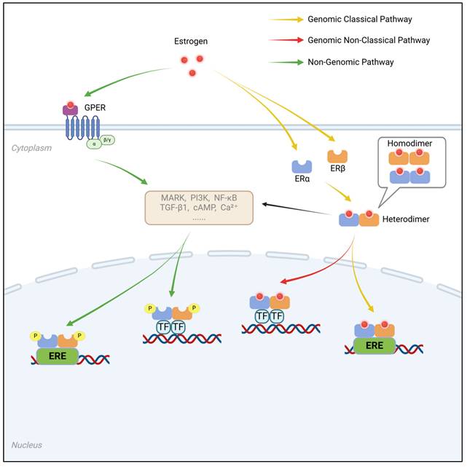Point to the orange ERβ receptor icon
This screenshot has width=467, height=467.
tap(337, 156)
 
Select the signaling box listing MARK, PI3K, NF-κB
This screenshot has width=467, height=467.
tap(199, 208)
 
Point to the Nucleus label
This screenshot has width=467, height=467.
tap(27, 444)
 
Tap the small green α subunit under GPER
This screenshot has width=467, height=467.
tap(93, 143)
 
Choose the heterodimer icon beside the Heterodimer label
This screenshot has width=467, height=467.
tap(359, 218)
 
